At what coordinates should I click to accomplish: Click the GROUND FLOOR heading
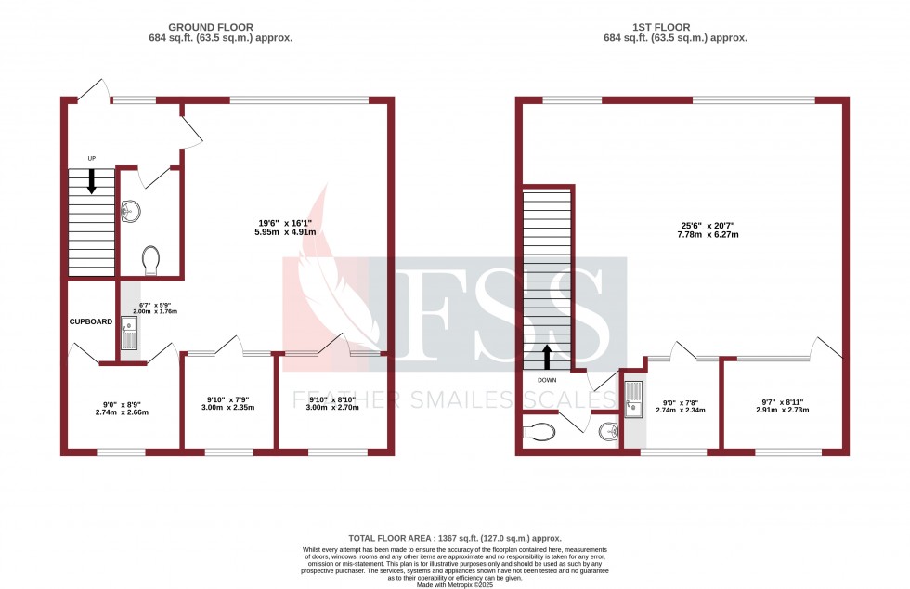point(220,27)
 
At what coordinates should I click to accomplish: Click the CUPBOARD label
point(90,321)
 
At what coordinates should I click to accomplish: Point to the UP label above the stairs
point(91,159)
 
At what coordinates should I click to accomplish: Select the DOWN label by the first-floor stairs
point(546,380)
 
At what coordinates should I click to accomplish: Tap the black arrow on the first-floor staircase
point(547,356)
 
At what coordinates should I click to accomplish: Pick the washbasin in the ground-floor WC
point(130,211)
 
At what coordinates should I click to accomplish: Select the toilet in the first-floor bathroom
point(539,431)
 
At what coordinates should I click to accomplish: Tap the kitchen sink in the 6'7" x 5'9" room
point(128,333)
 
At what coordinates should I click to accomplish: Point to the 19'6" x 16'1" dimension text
point(285,228)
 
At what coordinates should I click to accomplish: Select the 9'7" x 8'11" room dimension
point(780,406)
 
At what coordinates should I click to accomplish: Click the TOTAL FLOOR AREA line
point(455,538)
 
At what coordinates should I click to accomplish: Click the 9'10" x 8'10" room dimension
point(331,403)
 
